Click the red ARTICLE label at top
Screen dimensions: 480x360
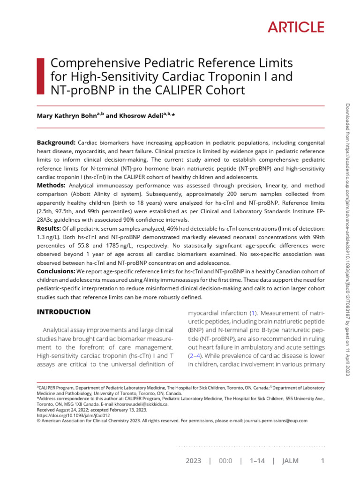click(x=296, y=28)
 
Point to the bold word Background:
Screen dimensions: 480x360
click(x=56, y=142)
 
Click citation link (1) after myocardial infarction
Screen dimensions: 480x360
click(x=254, y=312)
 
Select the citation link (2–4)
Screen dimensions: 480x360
click(x=195, y=356)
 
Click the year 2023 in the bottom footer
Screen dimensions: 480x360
click(x=193, y=461)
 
